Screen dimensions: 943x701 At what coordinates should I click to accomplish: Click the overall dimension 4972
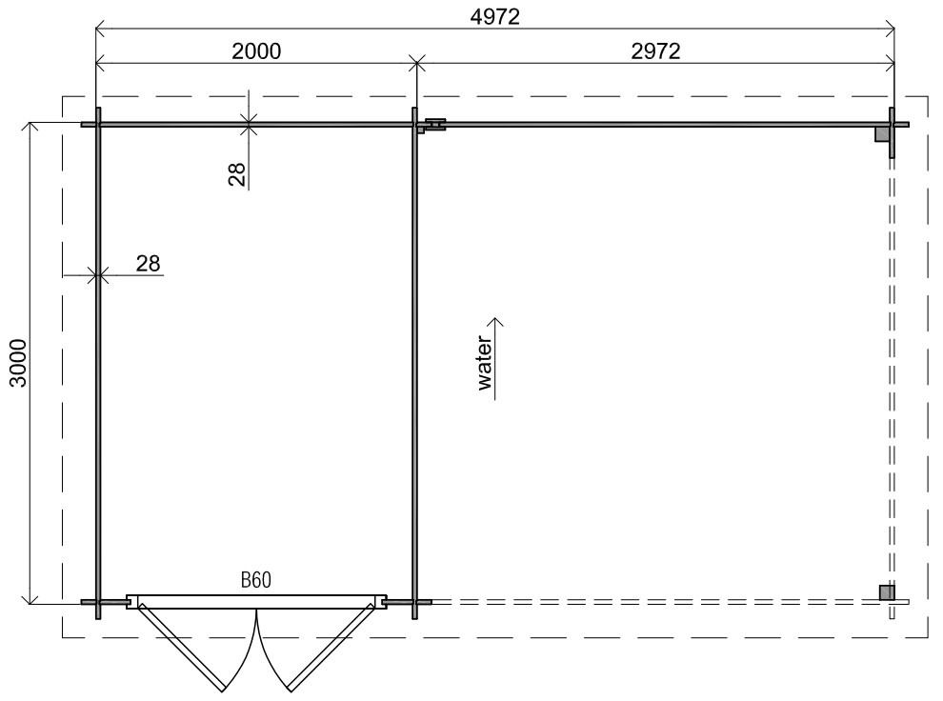[x=494, y=17]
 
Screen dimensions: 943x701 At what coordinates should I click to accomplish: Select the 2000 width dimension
[x=256, y=51]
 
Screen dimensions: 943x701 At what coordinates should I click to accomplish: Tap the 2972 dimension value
[x=655, y=51]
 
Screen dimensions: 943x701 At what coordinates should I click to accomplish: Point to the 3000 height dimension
[x=19, y=363]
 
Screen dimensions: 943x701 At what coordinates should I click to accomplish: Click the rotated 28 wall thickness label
[x=237, y=174]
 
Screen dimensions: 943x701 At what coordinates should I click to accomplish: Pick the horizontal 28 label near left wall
[x=148, y=263]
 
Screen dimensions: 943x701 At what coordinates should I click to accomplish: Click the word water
[x=485, y=363]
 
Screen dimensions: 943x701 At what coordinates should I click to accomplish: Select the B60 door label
[x=256, y=580]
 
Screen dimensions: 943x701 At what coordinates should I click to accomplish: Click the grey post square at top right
[x=882, y=132]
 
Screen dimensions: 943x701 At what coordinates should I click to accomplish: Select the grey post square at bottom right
[x=887, y=592]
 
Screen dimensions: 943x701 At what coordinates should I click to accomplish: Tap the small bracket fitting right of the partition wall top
[x=435, y=125]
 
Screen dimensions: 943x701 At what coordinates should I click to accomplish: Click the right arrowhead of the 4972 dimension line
[x=890, y=28]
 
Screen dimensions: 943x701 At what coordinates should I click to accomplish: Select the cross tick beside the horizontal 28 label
[x=97, y=276]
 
